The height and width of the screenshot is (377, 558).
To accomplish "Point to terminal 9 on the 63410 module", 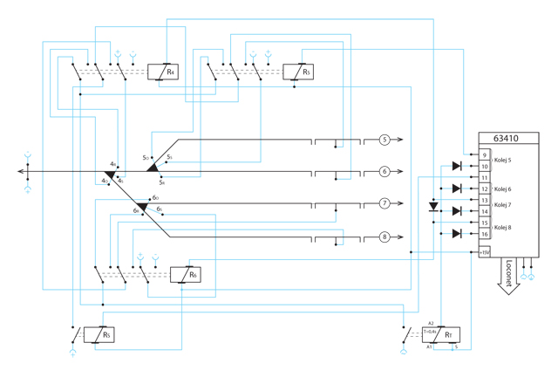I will [484, 155].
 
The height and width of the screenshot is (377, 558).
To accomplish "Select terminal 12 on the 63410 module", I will [484, 188].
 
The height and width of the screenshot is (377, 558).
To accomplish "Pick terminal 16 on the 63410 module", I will [484, 233].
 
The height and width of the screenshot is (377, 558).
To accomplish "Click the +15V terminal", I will [485, 253].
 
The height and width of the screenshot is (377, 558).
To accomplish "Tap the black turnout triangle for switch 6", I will [142, 207].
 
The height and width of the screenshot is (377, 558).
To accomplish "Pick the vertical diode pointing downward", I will [435, 208].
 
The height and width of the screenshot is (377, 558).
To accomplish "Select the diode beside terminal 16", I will [456, 233].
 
